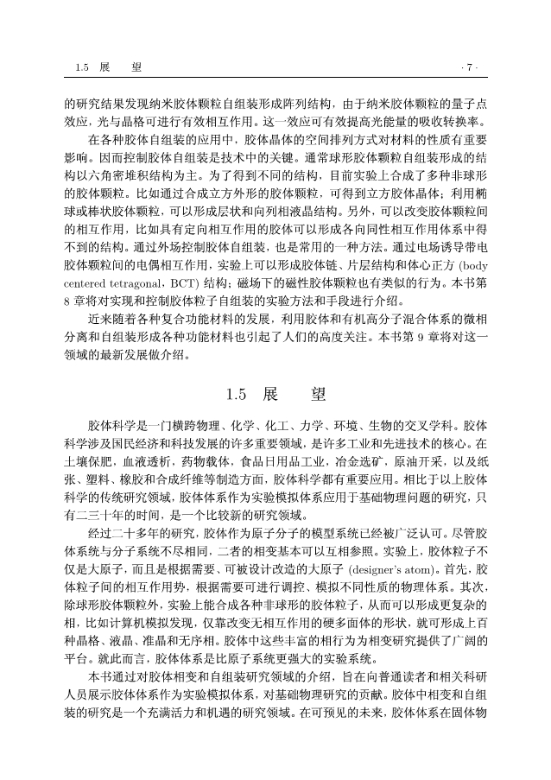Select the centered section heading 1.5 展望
tap(275, 394)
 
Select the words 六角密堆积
tap(114, 174)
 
